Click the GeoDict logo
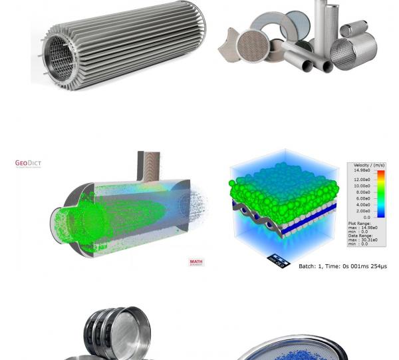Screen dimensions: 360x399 click(x=28, y=163)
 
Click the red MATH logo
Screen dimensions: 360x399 click(x=196, y=262)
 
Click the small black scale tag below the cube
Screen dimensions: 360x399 click(x=279, y=260)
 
